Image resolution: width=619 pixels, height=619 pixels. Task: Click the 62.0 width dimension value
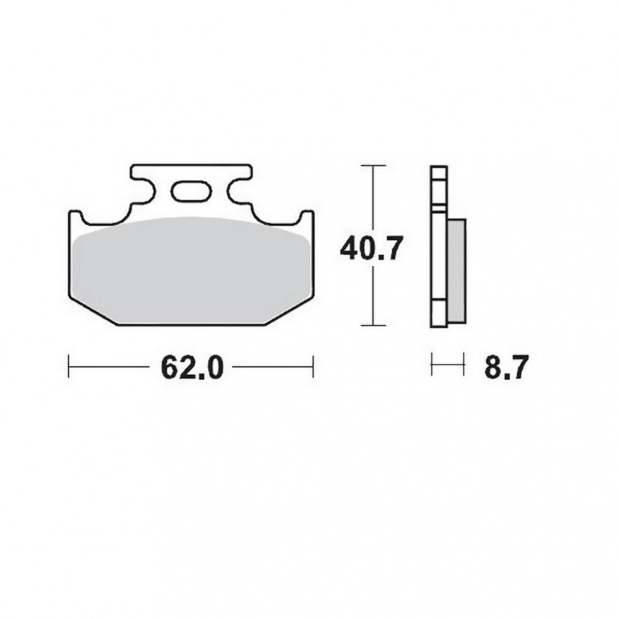click(x=192, y=368)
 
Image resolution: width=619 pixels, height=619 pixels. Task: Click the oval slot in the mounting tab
click(x=189, y=191)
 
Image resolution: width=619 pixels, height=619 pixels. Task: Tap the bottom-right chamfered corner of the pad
click(x=289, y=311)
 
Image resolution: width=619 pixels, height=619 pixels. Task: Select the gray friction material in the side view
click(x=456, y=270)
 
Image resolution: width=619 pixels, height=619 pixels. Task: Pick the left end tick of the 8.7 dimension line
click(x=431, y=365)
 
